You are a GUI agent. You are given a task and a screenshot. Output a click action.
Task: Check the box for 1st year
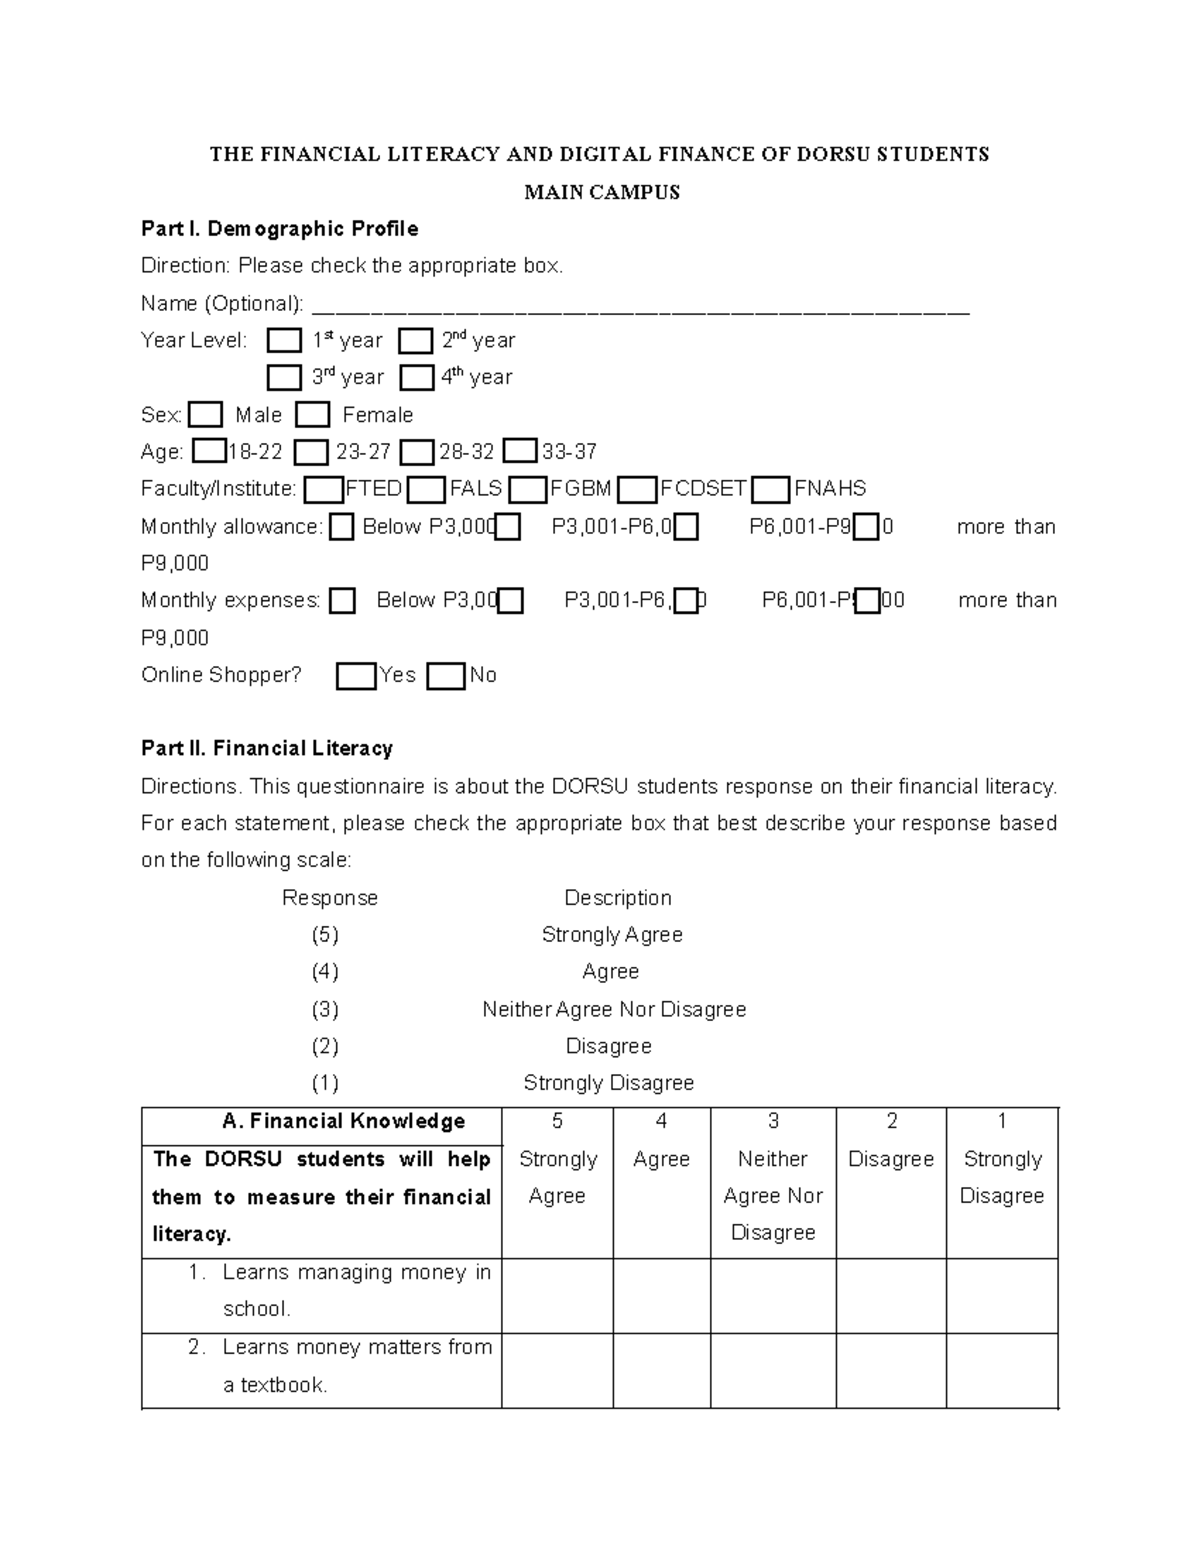pos(284,341)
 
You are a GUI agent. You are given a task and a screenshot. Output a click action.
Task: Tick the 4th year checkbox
pos(416,378)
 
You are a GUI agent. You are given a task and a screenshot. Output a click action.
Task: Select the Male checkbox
pos(205,415)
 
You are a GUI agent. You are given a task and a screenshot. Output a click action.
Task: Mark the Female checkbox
pos(312,415)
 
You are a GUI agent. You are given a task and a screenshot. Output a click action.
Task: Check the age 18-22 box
pos(209,452)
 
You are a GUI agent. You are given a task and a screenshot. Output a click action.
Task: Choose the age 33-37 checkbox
pos(520,452)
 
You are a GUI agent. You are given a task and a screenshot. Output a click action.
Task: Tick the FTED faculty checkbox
pos(323,490)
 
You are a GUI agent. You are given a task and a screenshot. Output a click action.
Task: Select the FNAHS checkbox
pos(771,490)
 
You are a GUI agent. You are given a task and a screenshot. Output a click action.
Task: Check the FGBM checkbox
pos(528,490)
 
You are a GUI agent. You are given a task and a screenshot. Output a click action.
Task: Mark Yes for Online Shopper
pos(356,677)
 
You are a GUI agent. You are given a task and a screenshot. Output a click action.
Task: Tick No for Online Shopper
pos(446,677)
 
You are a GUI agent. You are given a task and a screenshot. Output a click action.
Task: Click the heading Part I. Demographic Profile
pos(279,229)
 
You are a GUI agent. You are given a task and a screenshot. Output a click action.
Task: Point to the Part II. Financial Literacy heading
pos(267,748)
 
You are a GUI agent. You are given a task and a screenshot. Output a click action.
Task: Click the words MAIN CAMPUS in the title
pos(601,192)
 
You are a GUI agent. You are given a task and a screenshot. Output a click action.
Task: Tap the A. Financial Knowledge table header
pos(343,1122)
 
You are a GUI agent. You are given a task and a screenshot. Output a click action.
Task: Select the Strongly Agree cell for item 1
pos(557,1295)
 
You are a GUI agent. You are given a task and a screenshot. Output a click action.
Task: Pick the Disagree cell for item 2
pos(890,1370)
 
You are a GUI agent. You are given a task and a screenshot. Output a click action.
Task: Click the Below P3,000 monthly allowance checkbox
pos(342,527)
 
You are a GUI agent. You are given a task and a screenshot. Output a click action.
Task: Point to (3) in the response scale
pos(324,1009)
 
